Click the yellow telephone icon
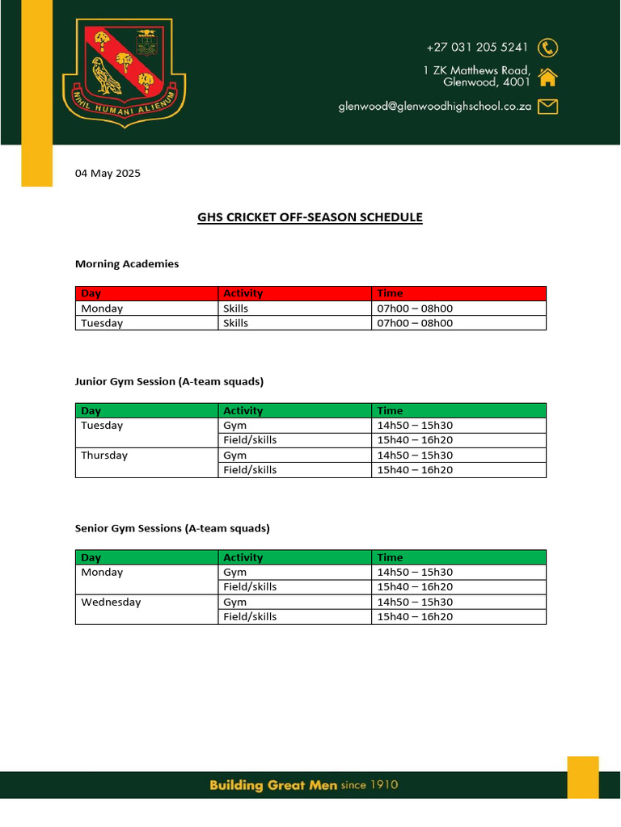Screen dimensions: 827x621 [548, 47]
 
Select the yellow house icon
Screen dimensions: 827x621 [547, 78]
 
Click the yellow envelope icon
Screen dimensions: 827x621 [547, 106]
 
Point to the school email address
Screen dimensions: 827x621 [434, 106]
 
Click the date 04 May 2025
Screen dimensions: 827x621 [108, 173]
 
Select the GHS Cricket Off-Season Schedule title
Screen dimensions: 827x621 [310, 217]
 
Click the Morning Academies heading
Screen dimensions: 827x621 [127, 264]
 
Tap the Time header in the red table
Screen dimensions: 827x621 [390, 293]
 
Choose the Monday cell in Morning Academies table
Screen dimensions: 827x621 [102, 309]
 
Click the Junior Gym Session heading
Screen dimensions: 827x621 [169, 381]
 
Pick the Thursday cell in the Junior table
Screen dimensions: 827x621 [104, 455]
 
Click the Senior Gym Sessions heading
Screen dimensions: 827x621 [172, 528]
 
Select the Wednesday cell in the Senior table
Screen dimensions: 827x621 [111, 602]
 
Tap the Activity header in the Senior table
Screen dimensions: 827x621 [243, 557]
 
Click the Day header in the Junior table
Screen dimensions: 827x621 [91, 411]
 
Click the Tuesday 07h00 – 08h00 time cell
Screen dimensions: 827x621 [415, 323]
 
